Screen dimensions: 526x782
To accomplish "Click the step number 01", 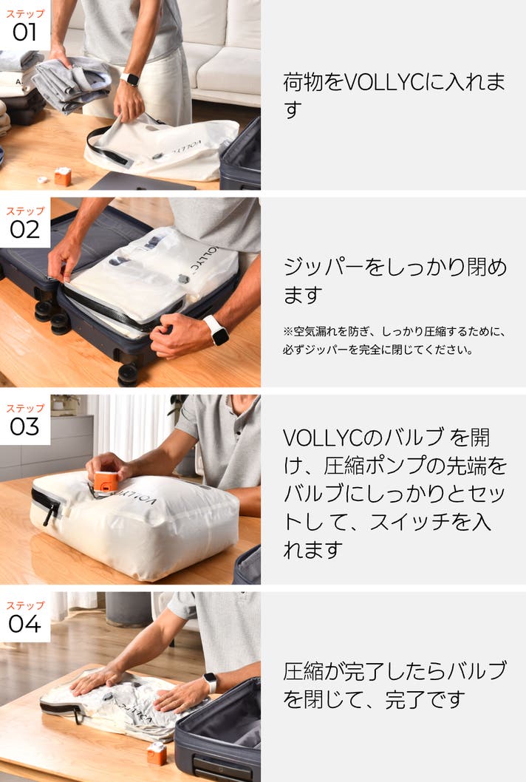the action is (x=24, y=33).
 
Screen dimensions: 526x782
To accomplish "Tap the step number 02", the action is (x=24, y=230).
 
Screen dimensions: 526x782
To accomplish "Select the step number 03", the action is (x=24, y=427).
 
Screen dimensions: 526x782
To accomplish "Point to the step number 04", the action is (x=24, y=624).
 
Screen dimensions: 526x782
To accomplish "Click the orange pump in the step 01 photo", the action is (x=63, y=177).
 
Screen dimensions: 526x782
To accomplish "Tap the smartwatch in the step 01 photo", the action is (x=130, y=79).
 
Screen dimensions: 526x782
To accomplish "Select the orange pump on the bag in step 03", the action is (x=106, y=481).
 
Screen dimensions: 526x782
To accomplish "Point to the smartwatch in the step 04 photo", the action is (x=211, y=683).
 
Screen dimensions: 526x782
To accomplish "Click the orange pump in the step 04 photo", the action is (x=157, y=754).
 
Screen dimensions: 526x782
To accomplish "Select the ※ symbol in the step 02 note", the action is (x=287, y=331).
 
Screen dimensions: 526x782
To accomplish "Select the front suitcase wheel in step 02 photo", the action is (x=128, y=374).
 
